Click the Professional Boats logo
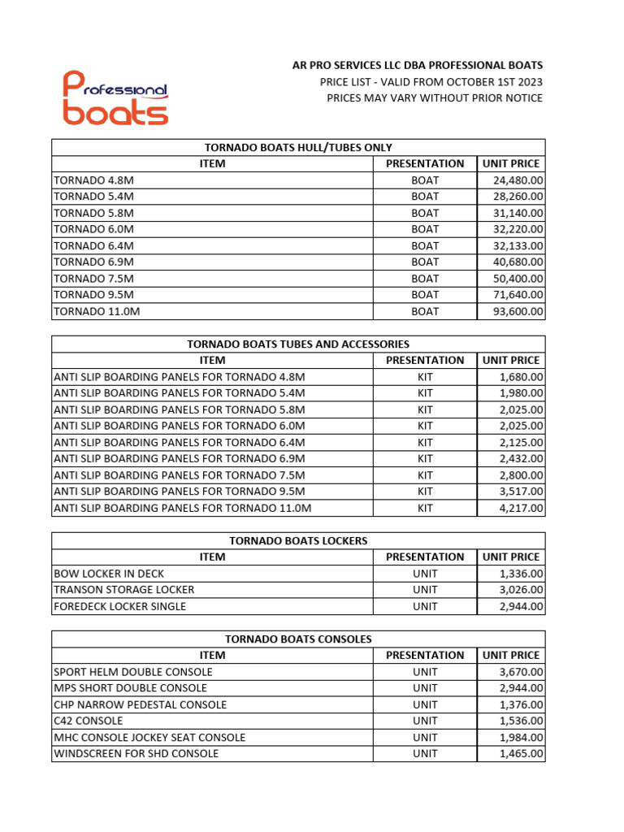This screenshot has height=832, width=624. (x=115, y=97)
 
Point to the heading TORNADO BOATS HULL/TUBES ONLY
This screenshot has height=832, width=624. (x=298, y=147)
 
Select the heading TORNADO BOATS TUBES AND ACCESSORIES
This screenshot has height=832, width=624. (x=298, y=344)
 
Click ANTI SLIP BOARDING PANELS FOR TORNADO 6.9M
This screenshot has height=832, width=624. (x=179, y=459)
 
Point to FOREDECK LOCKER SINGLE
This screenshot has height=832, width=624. (x=119, y=606)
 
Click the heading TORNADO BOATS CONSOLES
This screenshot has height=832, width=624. (x=298, y=639)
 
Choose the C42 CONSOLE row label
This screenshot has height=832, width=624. (x=89, y=721)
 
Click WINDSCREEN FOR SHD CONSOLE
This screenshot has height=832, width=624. (x=136, y=753)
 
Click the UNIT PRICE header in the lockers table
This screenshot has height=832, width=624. (x=511, y=557)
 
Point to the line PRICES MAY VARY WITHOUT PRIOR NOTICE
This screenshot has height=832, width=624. (x=435, y=98)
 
